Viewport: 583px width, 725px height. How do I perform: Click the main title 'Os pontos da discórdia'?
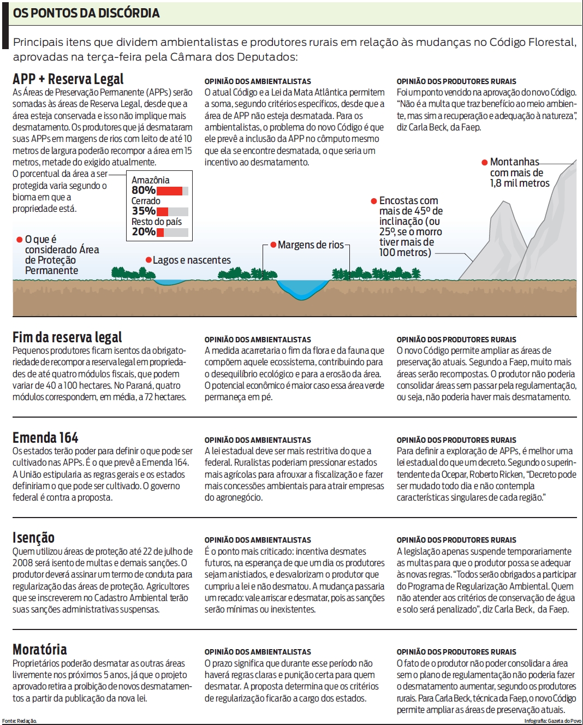[86, 13]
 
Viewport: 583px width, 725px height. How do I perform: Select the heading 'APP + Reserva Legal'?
[68, 79]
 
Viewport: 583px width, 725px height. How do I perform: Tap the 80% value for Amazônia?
[143, 190]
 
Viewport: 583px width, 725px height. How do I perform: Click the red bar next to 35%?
[162, 211]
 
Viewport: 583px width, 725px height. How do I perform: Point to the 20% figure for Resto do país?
[143, 231]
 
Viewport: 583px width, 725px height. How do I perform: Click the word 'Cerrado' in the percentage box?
[146, 201]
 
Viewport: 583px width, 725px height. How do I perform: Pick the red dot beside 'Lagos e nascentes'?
[148, 260]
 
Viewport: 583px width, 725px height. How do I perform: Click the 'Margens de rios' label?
[311, 245]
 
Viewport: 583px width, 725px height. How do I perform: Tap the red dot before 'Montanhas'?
[484, 162]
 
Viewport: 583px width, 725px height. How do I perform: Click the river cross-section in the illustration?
[302, 288]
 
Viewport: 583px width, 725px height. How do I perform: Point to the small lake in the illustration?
[171, 282]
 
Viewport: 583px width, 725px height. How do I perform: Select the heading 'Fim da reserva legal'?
[67, 337]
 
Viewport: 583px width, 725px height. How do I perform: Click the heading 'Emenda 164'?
[45, 438]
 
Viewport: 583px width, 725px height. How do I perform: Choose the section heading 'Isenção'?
[33, 538]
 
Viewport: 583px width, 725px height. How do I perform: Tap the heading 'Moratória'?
[40, 650]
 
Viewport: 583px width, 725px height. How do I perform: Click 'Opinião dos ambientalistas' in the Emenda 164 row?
[258, 440]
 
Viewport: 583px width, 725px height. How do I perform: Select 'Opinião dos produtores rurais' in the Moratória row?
[456, 652]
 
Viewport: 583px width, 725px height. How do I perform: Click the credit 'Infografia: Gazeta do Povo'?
[553, 721]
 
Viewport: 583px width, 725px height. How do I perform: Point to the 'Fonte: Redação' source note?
[20, 721]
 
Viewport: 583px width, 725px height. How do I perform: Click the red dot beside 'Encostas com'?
[373, 201]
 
